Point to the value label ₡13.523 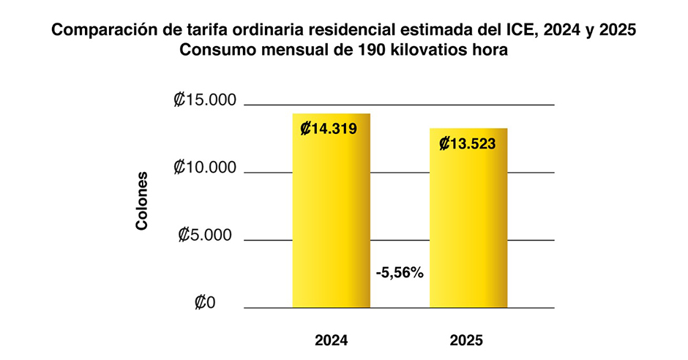pos(468,144)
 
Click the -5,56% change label pos(400,272)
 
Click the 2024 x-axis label pos(331,340)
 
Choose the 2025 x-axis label pos(467,340)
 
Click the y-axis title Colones pos(142,201)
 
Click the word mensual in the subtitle pos(289,51)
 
